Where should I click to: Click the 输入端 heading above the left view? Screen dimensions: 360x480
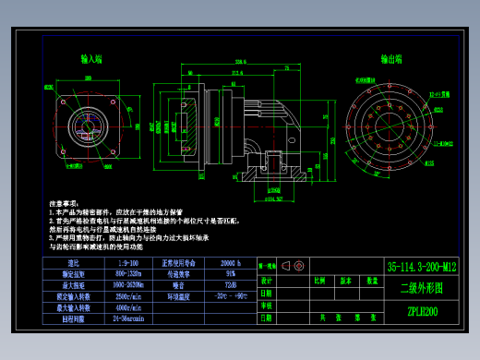pos(91,59)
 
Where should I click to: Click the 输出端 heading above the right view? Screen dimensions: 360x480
pos(391,58)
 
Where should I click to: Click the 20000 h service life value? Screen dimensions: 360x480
pos(231,264)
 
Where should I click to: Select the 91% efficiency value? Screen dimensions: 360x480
pos(231,274)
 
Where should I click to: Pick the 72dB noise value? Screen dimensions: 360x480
pos(231,285)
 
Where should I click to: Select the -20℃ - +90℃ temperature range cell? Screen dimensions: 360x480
pos(231,296)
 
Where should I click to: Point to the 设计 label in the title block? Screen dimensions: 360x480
pos(267,280)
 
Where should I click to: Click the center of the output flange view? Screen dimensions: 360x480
pos(391,126)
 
